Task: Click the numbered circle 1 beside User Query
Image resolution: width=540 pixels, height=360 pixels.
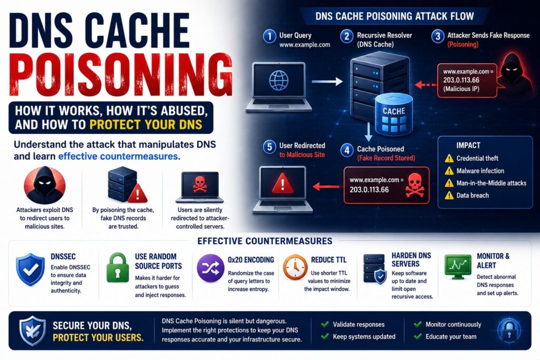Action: point(269,36)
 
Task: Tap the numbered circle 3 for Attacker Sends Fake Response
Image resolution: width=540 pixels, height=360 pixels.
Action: point(438,36)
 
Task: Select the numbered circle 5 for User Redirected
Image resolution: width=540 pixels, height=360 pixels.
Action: point(269,147)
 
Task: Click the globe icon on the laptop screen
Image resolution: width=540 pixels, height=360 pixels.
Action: point(278,80)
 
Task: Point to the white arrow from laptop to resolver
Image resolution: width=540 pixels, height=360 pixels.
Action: point(327,82)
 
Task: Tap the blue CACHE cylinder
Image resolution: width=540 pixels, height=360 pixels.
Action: point(393,114)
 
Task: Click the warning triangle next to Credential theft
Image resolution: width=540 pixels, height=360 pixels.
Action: point(449,158)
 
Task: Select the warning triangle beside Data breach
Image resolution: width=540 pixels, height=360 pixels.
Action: point(449,196)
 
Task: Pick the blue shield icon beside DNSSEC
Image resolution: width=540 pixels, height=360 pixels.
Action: point(30,269)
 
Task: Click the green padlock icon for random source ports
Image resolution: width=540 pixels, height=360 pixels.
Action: point(118,268)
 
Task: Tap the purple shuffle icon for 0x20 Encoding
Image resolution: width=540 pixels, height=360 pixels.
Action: point(210,268)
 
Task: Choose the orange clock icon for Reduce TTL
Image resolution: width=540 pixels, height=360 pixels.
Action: point(295,267)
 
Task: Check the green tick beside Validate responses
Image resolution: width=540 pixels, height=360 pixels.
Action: point(325,324)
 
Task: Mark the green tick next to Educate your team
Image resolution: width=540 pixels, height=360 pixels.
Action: point(418,336)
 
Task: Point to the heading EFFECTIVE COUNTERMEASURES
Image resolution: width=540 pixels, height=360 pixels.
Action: point(265,241)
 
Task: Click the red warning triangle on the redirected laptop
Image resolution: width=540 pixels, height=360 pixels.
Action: point(283,183)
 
